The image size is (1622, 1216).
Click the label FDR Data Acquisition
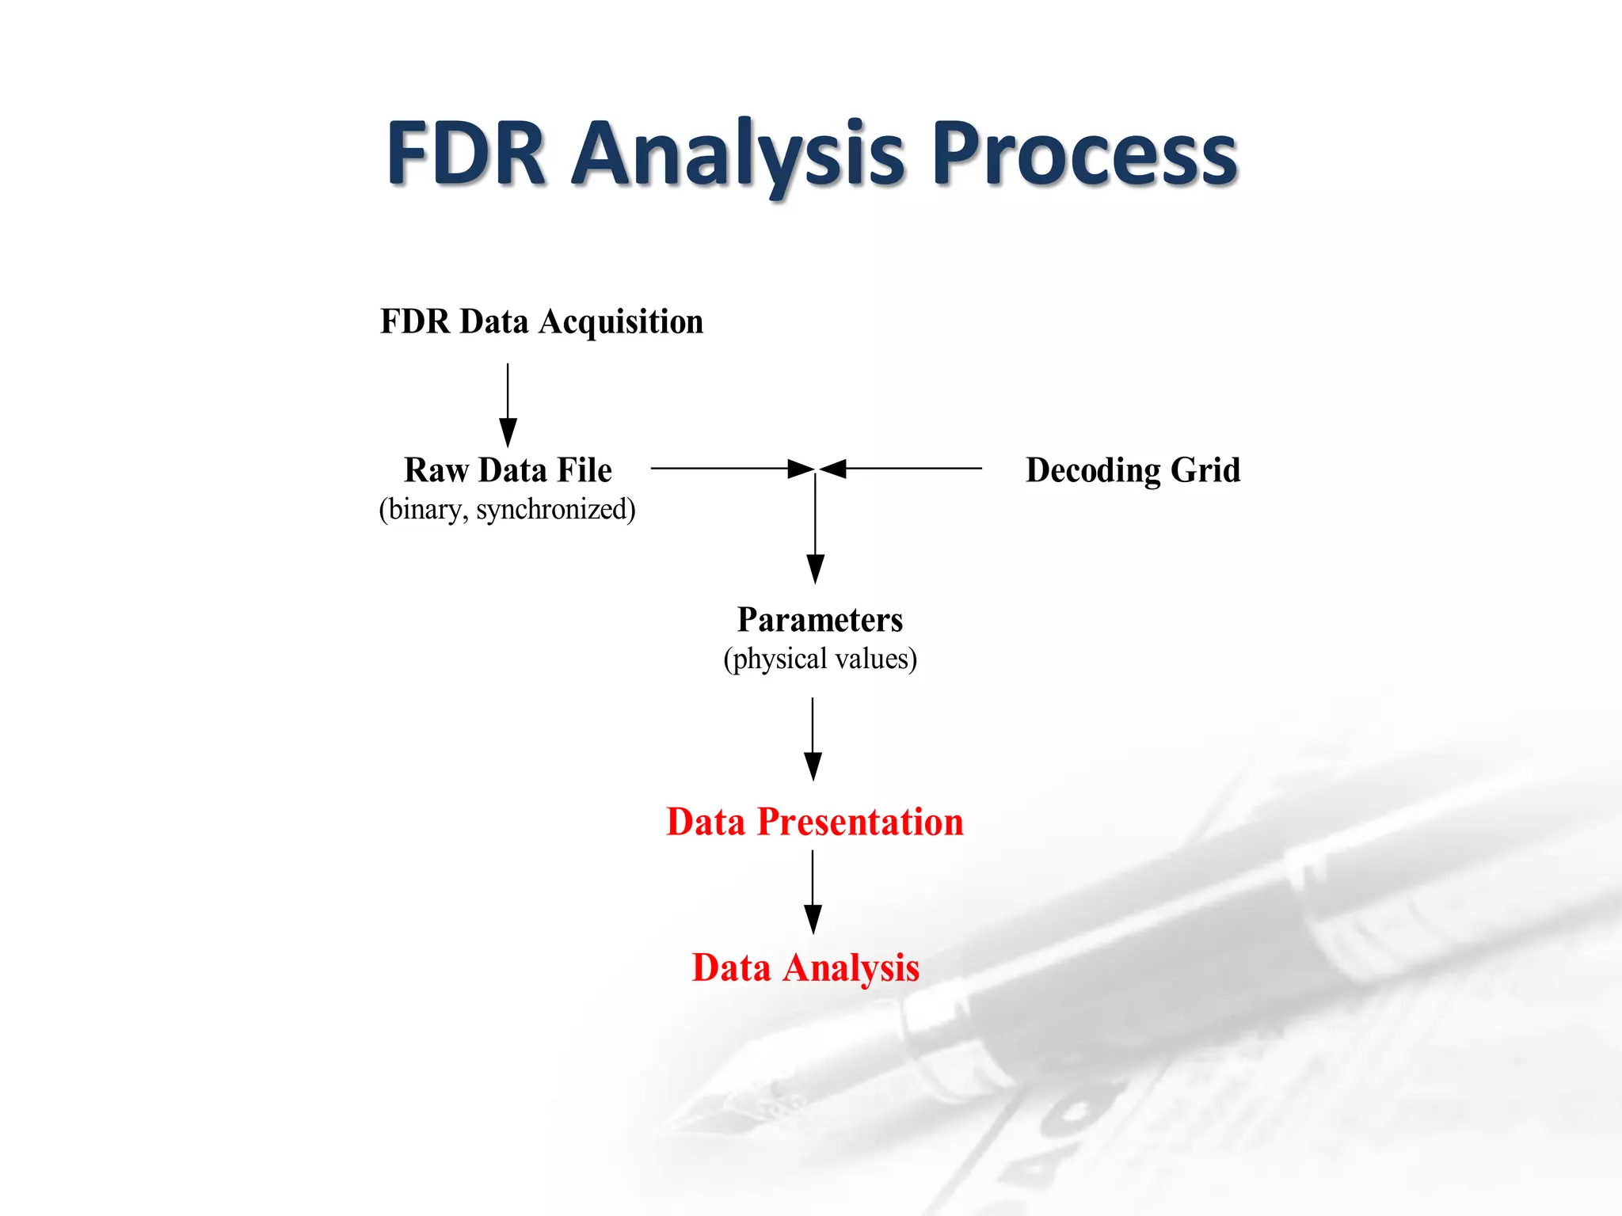point(541,321)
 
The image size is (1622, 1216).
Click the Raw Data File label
point(508,470)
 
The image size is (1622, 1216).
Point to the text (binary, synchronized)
point(507,509)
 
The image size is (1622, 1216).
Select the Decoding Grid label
point(1133,470)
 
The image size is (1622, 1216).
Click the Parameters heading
point(820,620)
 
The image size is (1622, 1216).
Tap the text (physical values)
point(820,659)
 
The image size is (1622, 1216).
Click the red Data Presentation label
point(815,822)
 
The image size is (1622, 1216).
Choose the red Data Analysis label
point(805,967)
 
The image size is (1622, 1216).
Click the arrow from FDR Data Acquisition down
point(508,404)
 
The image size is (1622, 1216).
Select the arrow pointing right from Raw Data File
point(729,469)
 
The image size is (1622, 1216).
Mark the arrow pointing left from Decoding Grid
point(903,469)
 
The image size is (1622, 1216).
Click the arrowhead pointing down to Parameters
point(815,568)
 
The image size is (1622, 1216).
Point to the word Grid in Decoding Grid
point(1205,470)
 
